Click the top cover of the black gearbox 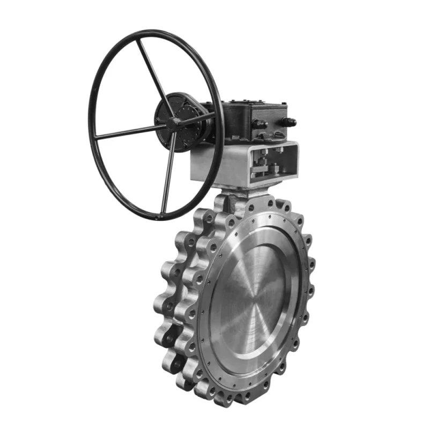tap(252, 107)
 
